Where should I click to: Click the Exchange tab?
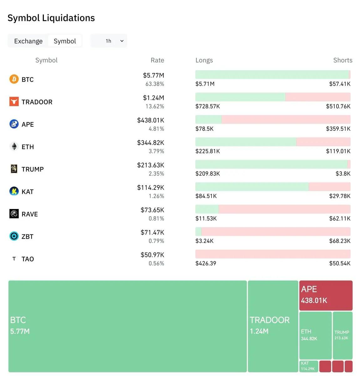(x=28, y=41)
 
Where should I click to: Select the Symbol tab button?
(x=65, y=41)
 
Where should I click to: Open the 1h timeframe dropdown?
(x=109, y=41)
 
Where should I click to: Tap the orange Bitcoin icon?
(x=14, y=79)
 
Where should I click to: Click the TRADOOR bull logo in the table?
(x=14, y=102)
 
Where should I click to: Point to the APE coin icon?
(x=14, y=124)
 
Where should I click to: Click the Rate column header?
(x=157, y=60)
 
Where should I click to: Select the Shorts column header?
(x=342, y=60)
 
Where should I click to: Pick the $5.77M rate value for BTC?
(x=153, y=75)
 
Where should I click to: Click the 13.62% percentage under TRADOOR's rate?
(x=155, y=107)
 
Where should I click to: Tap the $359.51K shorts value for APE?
(x=338, y=129)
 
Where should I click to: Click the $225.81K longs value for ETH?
(x=208, y=151)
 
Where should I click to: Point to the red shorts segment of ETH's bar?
(x=323, y=142)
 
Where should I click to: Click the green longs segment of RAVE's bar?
(x=207, y=209)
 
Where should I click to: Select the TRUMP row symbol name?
(x=33, y=169)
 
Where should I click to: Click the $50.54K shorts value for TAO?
(x=340, y=264)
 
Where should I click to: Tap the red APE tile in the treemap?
(x=326, y=295)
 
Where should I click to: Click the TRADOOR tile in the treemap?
(x=273, y=326)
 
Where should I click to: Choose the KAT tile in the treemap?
(x=309, y=366)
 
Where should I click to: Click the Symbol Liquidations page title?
(x=51, y=18)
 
